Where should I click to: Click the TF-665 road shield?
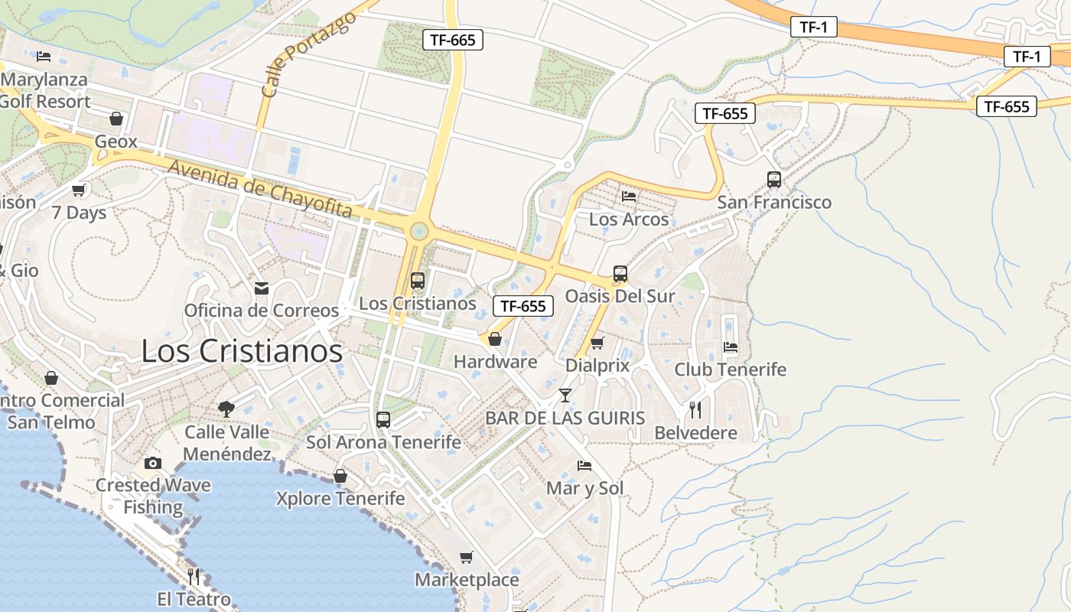pyautogui.click(x=453, y=40)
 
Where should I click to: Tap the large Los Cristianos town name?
pyautogui.click(x=242, y=350)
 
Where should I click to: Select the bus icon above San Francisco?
pyautogui.click(x=774, y=180)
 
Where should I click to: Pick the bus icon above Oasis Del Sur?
pyautogui.click(x=620, y=274)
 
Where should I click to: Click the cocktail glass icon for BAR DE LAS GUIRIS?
pyautogui.click(x=565, y=395)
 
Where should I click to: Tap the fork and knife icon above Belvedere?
pyautogui.click(x=695, y=409)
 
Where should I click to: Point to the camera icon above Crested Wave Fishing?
pyautogui.click(x=153, y=463)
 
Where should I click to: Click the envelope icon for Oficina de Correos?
pyautogui.click(x=262, y=288)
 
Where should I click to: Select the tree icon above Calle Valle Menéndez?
pyautogui.click(x=226, y=409)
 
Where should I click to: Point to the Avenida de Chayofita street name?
pyautogui.click(x=260, y=188)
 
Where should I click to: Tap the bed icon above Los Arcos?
pyautogui.click(x=629, y=197)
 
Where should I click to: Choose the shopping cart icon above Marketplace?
pyautogui.click(x=467, y=557)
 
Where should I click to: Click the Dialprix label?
pyautogui.click(x=597, y=366)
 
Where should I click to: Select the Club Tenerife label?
pyautogui.click(x=730, y=369)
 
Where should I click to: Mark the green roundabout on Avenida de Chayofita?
pyautogui.click(x=418, y=230)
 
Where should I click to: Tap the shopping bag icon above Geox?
pyautogui.click(x=116, y=119)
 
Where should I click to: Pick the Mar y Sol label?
pyautogui.click(x=585, y=488)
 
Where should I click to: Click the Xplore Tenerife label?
pyautogui.click(x=340, y=499)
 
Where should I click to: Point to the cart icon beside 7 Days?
pyautogui.click(x=78, y=190)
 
